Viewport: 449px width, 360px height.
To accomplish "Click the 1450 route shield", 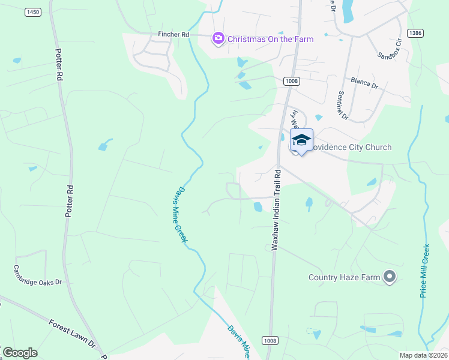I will click(33, 12).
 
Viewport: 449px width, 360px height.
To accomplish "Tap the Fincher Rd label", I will click(173, 35).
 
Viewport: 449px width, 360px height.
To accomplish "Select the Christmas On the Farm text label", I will click(270, 39).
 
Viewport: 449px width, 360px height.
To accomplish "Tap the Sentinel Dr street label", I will click(343, 104).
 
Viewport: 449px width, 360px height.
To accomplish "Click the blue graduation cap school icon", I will click(301, 140).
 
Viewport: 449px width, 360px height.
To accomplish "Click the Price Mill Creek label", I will click(425, 271).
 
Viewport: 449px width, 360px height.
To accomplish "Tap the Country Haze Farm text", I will click(345, 277).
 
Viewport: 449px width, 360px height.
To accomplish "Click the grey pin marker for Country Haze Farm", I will click(390, 277).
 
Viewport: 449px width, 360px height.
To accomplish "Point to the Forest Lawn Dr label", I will click(73, 334).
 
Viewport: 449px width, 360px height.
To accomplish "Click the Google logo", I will click(20, 352).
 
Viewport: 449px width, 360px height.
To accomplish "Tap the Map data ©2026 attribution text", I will click(424, 355).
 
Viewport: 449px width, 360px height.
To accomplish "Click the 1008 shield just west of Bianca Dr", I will click(292, 80).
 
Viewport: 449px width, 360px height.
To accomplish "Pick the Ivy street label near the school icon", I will click(295, 118).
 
